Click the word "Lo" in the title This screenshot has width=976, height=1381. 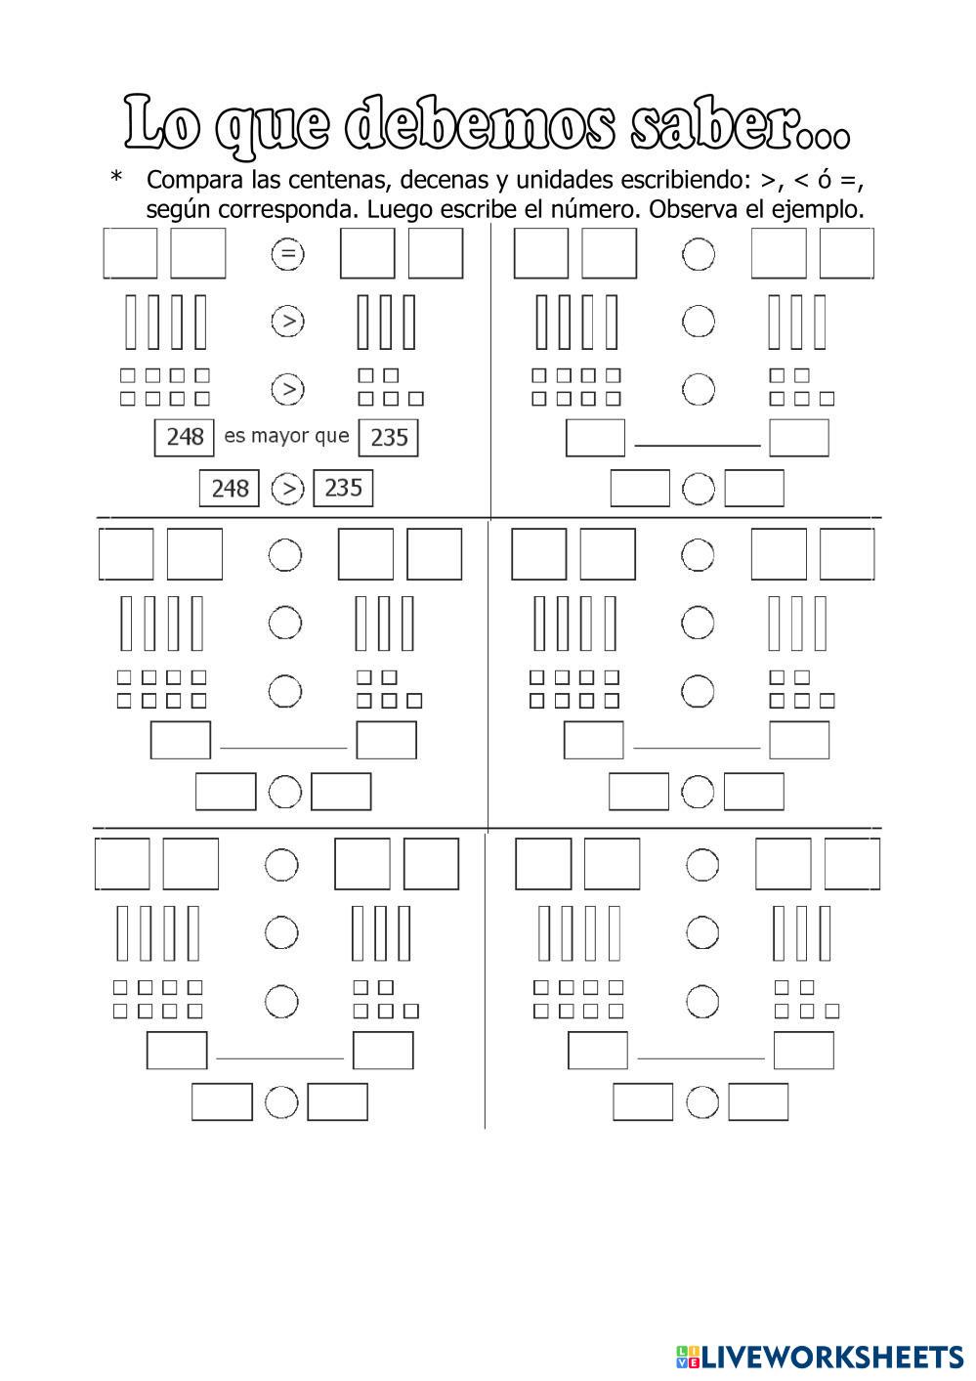tap(163, 124)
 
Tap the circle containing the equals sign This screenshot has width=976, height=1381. tap(287, 255)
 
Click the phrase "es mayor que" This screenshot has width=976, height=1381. tap(286, 436)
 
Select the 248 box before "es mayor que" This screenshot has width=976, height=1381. tap(185, 437)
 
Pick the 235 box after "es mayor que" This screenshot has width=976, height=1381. tap(388, 437)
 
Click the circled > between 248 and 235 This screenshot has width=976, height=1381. tap(287, 488)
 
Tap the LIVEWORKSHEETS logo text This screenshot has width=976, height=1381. tap(830, 1356)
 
